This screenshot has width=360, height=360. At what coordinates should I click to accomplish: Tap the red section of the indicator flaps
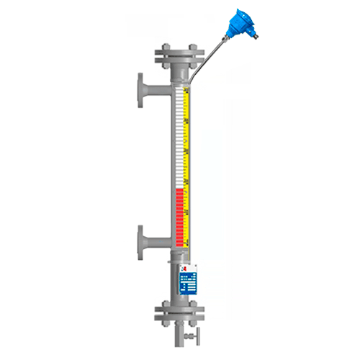[178, 216]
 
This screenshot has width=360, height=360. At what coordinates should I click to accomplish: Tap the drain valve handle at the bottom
[192, 338]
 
